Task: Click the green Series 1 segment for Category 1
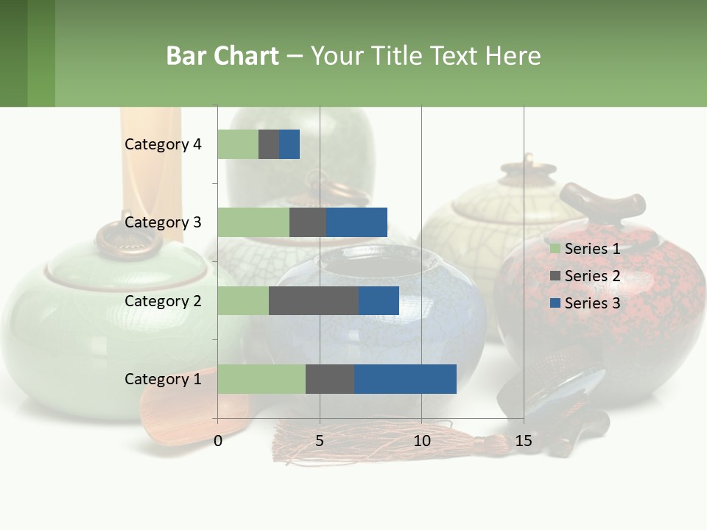(261, 379)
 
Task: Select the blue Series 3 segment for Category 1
(405, 379)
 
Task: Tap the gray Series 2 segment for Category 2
(313, 301)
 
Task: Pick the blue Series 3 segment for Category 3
(356, 222)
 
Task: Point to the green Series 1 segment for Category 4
(238, 144)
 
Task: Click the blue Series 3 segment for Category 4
(289, 144)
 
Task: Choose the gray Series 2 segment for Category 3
(308, 222)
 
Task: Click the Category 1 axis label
(163, 379)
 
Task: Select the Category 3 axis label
(163, 222)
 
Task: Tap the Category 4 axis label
(163, 144)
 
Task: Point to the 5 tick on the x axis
(320, 441)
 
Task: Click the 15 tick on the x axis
(523, 441)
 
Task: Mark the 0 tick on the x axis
(218, 441)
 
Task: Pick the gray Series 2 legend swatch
(555, 276)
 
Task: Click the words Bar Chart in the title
(222, 56)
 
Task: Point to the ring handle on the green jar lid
(118, 236)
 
